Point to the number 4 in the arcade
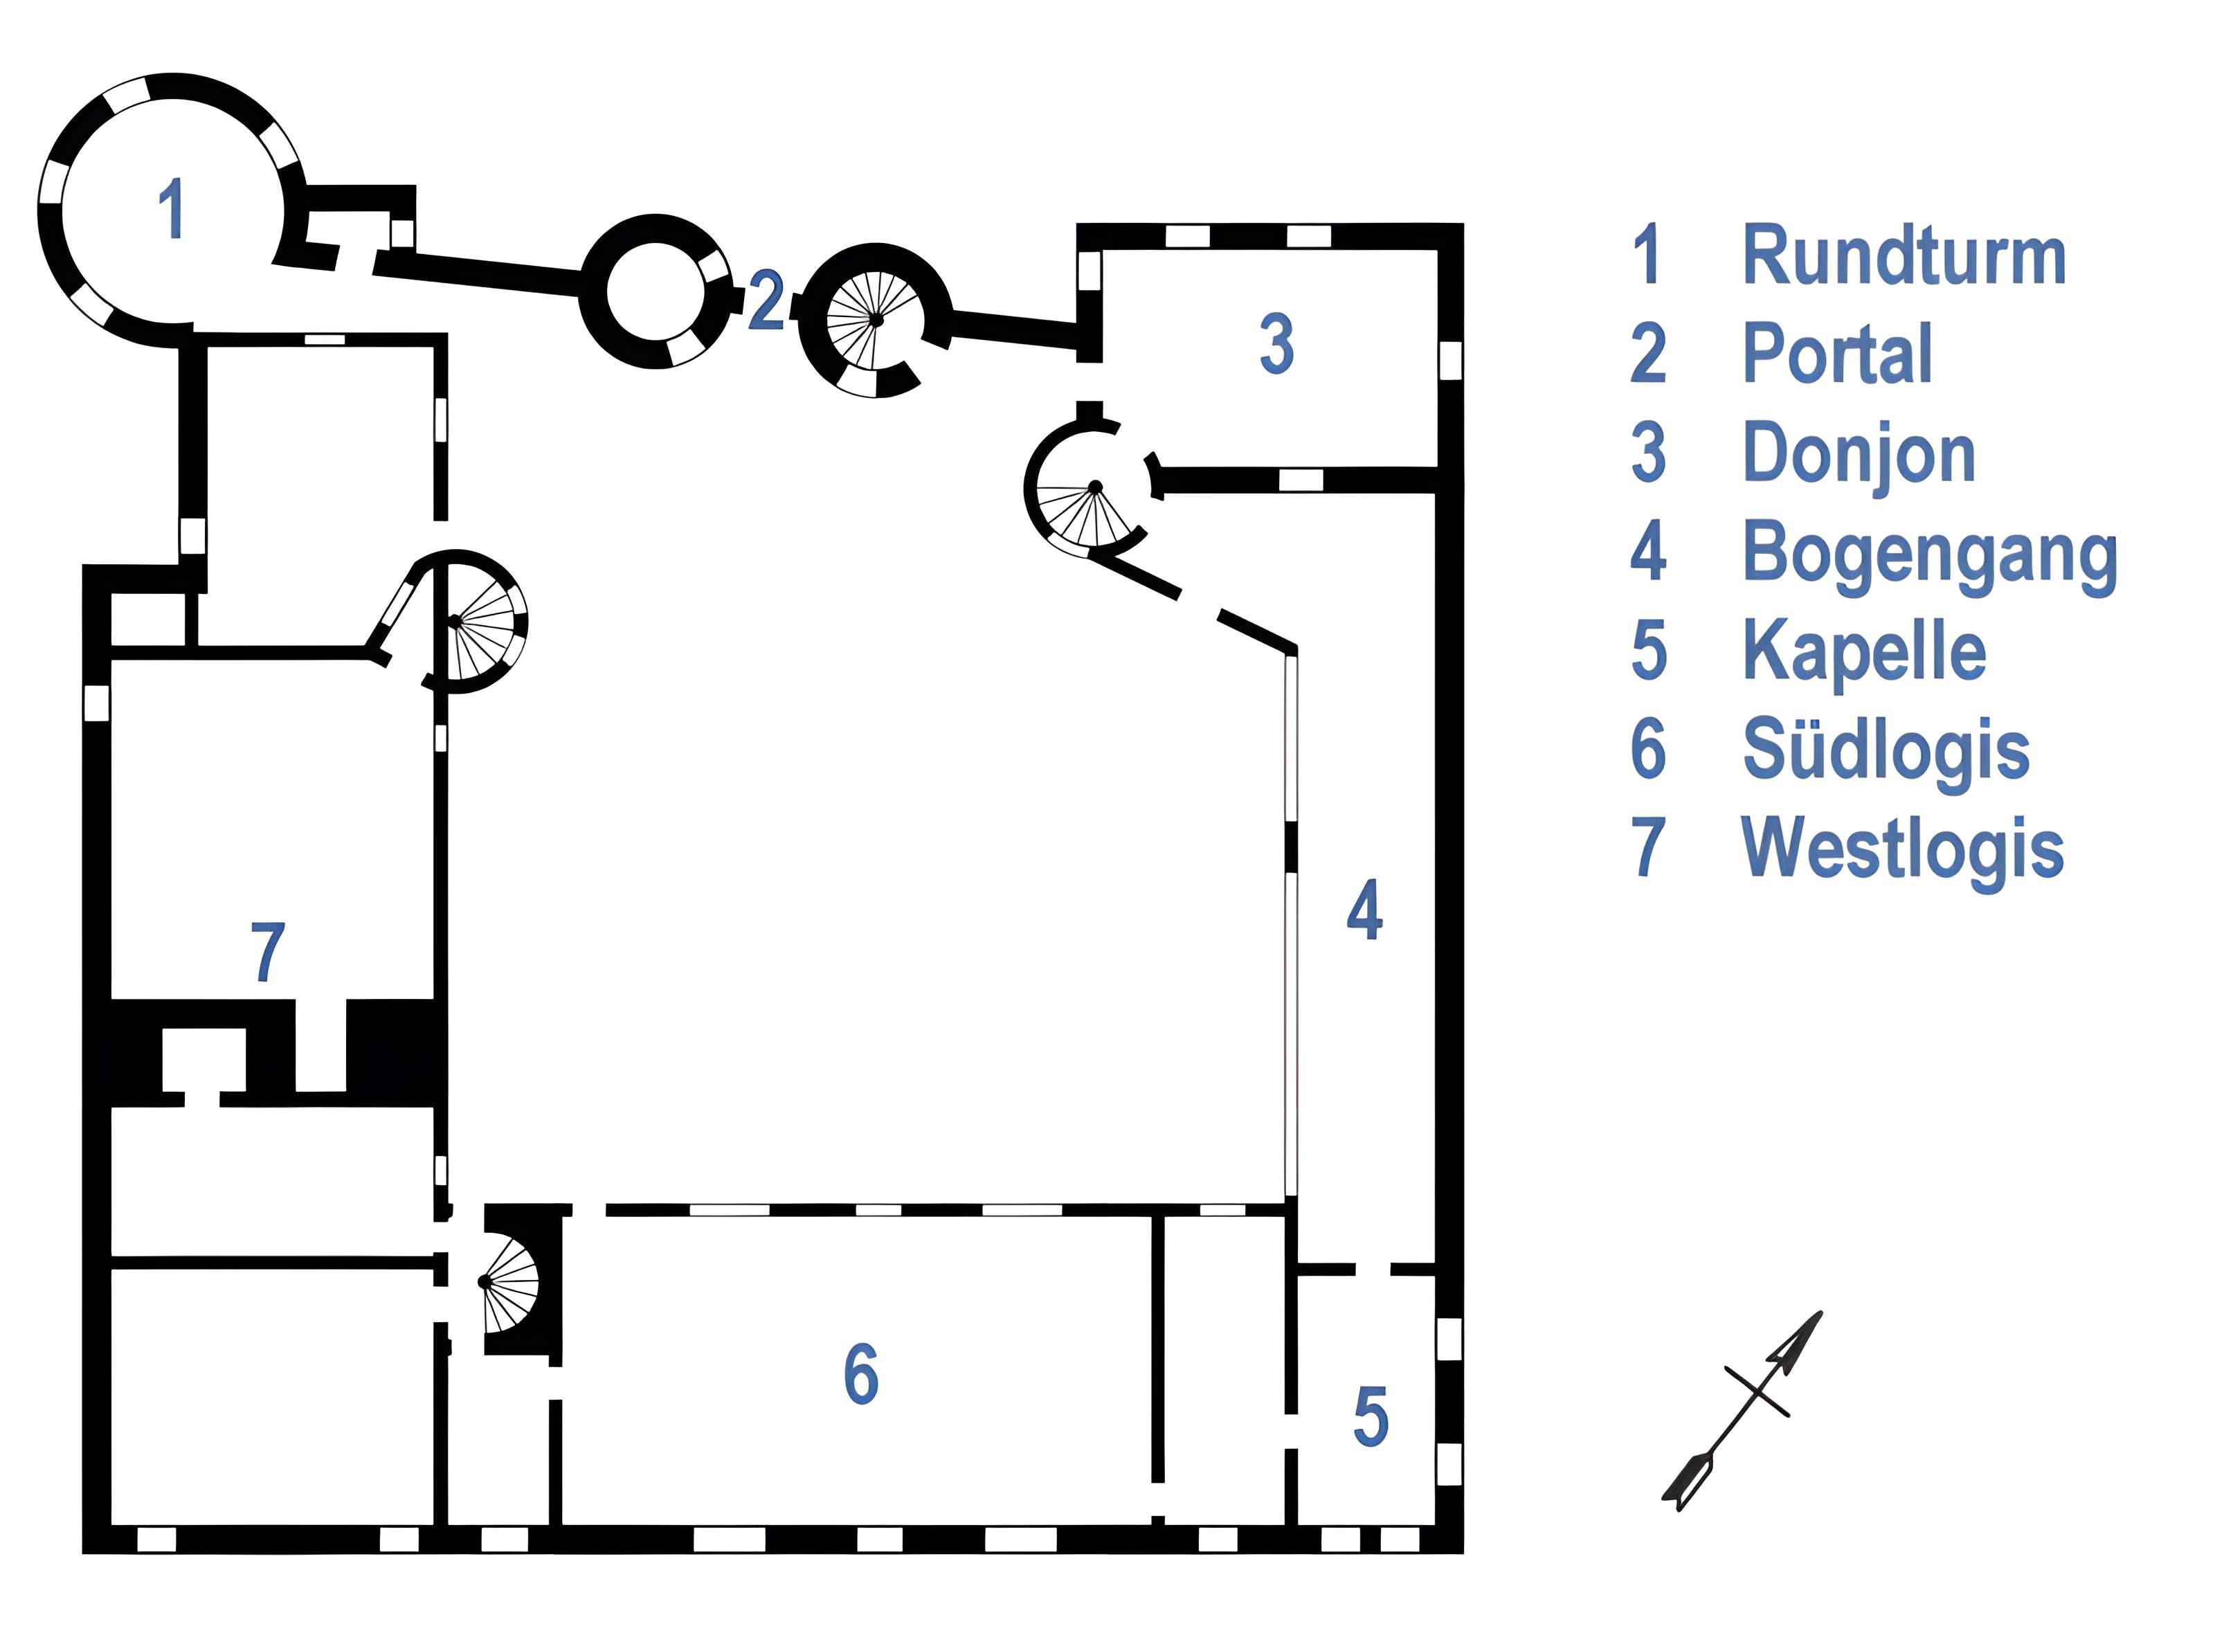[1364, 910]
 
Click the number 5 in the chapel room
[1371, 1418]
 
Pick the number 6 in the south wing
[860, 1375]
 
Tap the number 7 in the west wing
[267, 953]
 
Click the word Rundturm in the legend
[1903, 256]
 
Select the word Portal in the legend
[1837, 354]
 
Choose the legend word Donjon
[1859, 453]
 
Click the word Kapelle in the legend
[1864, 651]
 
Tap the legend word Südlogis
[1885, 750]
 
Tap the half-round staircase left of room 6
[512, 1282]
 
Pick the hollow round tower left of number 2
[654, 292]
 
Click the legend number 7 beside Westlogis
[1647, 848]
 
